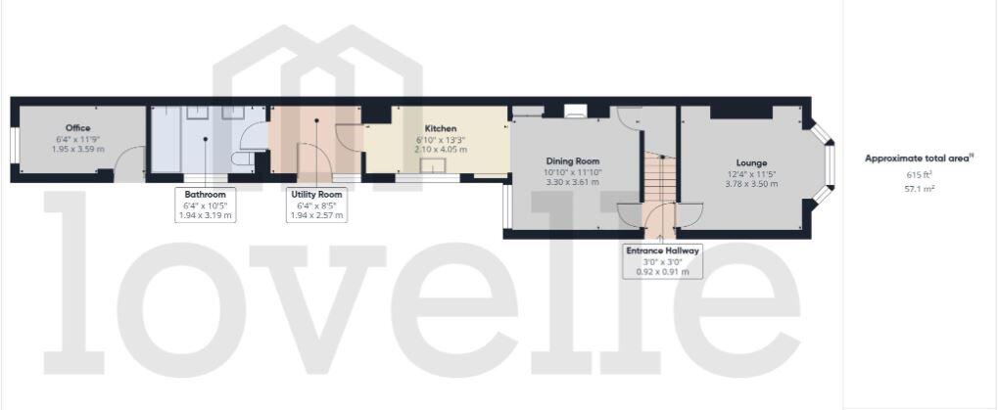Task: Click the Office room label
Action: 78,128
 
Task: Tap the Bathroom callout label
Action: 206,195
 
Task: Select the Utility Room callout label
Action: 316,195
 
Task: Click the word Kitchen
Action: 440,129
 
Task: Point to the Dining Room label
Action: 572,161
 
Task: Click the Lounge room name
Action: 751,162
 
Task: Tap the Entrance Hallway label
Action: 663,251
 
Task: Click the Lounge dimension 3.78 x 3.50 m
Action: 751,183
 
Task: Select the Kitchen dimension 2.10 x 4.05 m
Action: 440,150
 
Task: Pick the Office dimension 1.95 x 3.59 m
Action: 78,149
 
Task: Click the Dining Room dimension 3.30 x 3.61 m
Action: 572,182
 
